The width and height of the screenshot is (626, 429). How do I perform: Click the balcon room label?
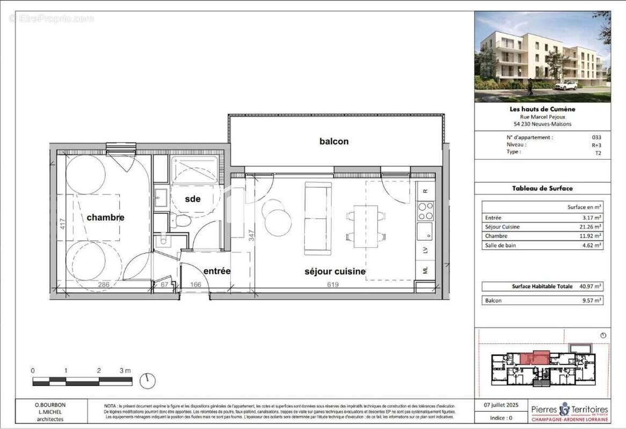334,142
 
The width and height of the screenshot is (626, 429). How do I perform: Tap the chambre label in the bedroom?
106,217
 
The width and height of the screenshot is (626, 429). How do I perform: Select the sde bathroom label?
193,199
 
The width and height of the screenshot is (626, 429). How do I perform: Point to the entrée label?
217,271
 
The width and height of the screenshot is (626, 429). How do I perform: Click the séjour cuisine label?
335,272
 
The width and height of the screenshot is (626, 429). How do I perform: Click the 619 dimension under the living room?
333,285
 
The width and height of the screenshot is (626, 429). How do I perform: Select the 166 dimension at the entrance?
196,285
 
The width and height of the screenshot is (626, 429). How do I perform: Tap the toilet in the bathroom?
180,221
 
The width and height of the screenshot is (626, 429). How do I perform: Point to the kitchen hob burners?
425,211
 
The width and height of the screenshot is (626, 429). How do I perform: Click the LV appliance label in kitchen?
425,249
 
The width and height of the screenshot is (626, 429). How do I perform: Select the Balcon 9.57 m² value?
592,300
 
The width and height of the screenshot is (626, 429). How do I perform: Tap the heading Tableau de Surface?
542,188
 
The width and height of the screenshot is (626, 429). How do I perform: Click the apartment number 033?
596,137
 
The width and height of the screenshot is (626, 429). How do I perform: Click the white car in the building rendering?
566,86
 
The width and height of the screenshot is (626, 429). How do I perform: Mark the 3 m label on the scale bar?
125,371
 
